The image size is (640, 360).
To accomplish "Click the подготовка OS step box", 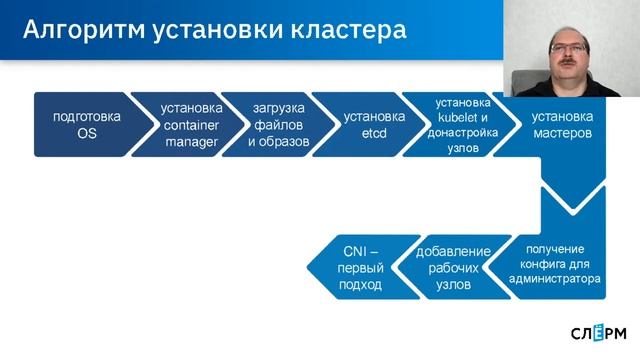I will [x=86, y=125].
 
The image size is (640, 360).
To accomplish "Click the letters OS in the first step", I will [x=86, y=134].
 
